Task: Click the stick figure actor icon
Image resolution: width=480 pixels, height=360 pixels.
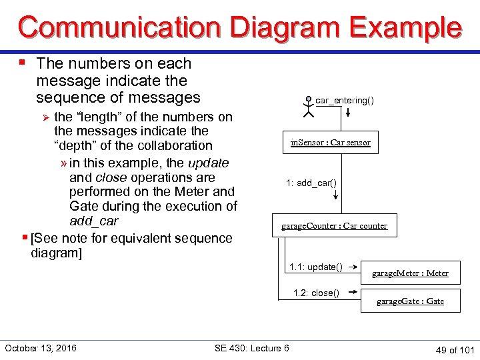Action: (x=307, y=107)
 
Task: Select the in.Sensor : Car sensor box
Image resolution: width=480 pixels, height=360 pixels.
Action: (x=330, y=142)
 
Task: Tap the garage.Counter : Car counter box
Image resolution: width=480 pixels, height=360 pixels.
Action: (x=334, y=225)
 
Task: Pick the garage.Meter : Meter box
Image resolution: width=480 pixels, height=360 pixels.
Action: (x=410, y=273)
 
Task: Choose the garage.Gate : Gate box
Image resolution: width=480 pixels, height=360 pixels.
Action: (x=410, y=301)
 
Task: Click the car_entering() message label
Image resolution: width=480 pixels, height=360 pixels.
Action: (x=344, y=101)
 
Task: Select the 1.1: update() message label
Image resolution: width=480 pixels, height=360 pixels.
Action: (x=316, y=267)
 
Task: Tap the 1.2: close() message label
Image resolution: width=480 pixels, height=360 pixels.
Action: (x=316, y=293)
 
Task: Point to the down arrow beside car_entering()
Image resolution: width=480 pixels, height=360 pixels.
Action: (x=348, y=113)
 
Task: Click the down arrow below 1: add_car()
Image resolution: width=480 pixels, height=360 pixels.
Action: (x=335, y=195)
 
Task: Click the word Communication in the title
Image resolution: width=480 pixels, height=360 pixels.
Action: (x=119, y=27)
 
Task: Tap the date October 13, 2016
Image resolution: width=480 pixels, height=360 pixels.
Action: (x=40, y=348)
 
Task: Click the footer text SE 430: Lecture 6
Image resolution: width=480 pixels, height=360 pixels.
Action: (x=251, y=348)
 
